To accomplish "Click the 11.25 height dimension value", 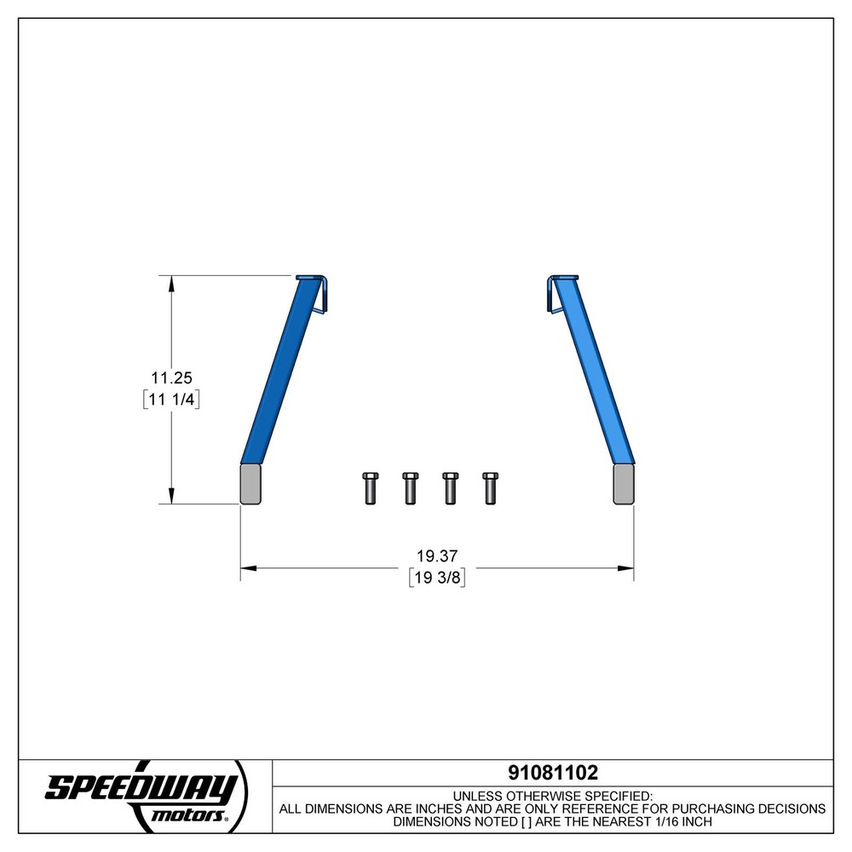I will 171,377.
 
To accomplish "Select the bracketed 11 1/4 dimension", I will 171,400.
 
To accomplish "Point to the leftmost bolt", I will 370,487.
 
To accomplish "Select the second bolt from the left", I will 409,487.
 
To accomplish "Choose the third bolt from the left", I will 449,487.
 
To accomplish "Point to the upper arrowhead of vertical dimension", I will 172,283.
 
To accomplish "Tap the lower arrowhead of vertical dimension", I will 172,496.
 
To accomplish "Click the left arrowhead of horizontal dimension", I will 249,567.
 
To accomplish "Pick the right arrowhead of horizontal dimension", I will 625,567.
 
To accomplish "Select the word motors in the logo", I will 188,815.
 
